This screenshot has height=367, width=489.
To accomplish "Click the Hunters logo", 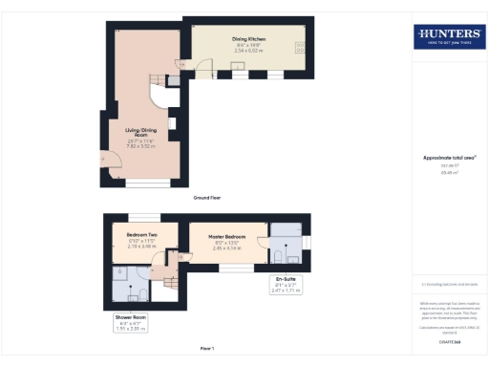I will point(449,37).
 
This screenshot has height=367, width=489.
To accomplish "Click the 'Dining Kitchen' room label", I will point(249,38).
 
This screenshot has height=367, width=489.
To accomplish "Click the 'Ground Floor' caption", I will point(207,198).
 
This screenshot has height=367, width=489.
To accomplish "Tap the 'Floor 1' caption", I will point(207,350).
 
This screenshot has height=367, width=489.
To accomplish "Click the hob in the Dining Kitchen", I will point(300,48).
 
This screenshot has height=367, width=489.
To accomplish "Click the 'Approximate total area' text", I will point(449,158).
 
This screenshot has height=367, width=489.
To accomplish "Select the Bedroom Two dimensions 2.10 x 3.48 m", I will point(140,246).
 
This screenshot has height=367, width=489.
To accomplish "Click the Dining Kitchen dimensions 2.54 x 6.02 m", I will point(249,50).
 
